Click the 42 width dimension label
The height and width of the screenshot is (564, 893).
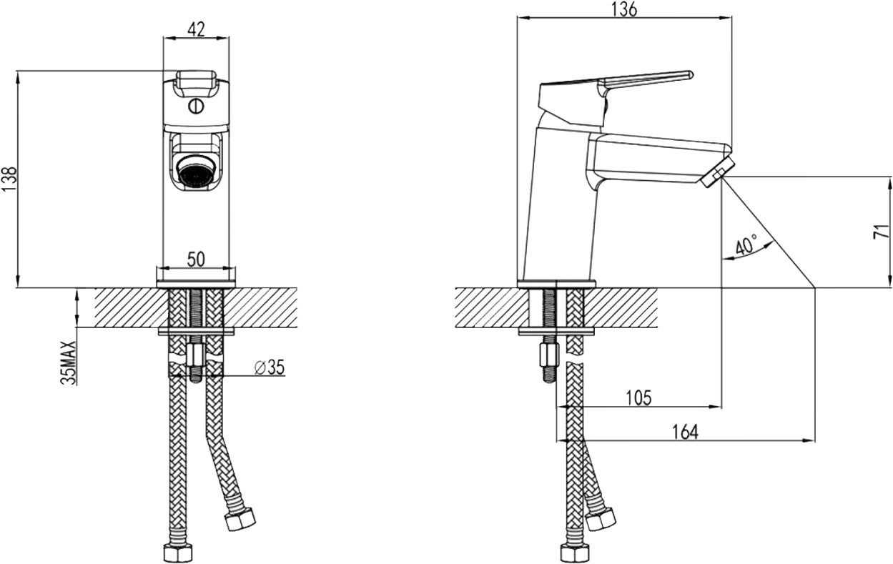click(196, 29)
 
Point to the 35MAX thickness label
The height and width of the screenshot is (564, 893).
click(68, 362)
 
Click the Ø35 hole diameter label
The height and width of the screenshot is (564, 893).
click(270, 367)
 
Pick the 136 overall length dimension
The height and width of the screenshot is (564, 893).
click(624, 9)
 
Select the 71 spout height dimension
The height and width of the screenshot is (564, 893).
click(881, 232)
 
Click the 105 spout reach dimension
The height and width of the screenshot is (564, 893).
click(638, 397)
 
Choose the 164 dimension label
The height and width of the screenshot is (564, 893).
click(685, 432)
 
